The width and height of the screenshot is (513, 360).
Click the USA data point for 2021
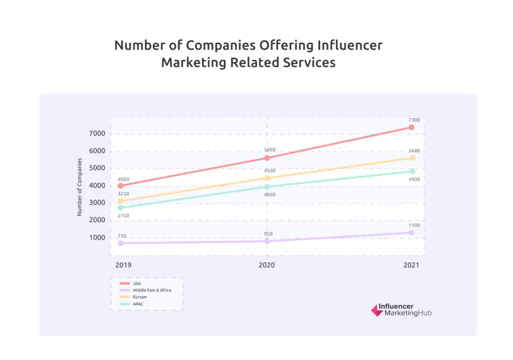click(411, 127)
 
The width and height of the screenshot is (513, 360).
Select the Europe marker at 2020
click(267, 178)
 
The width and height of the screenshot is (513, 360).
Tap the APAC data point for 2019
click(120, 208)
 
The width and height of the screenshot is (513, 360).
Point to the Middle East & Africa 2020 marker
click(267, 241)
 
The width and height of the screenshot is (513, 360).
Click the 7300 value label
click(414, 120)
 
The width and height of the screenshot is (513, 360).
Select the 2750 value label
click(123, 216)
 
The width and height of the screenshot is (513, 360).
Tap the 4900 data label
click(414, 179)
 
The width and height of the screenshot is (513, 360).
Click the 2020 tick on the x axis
click(267, 265)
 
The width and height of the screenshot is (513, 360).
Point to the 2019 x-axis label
click(123, 265)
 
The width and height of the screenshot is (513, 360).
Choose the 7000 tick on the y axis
click(97, 134)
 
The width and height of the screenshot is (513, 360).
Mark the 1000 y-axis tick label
click(97, 238)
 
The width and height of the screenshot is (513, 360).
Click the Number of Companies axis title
click(80, 187)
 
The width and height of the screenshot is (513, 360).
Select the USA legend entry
click(137, 284)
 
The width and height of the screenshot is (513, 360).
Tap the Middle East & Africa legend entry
click(152, 290)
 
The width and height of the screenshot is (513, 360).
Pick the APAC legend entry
click(138, 304)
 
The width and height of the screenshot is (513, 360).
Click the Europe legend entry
click(140, 297)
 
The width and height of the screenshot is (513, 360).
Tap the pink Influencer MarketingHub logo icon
click(377, 310)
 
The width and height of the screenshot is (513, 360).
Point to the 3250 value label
click(123, 194)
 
